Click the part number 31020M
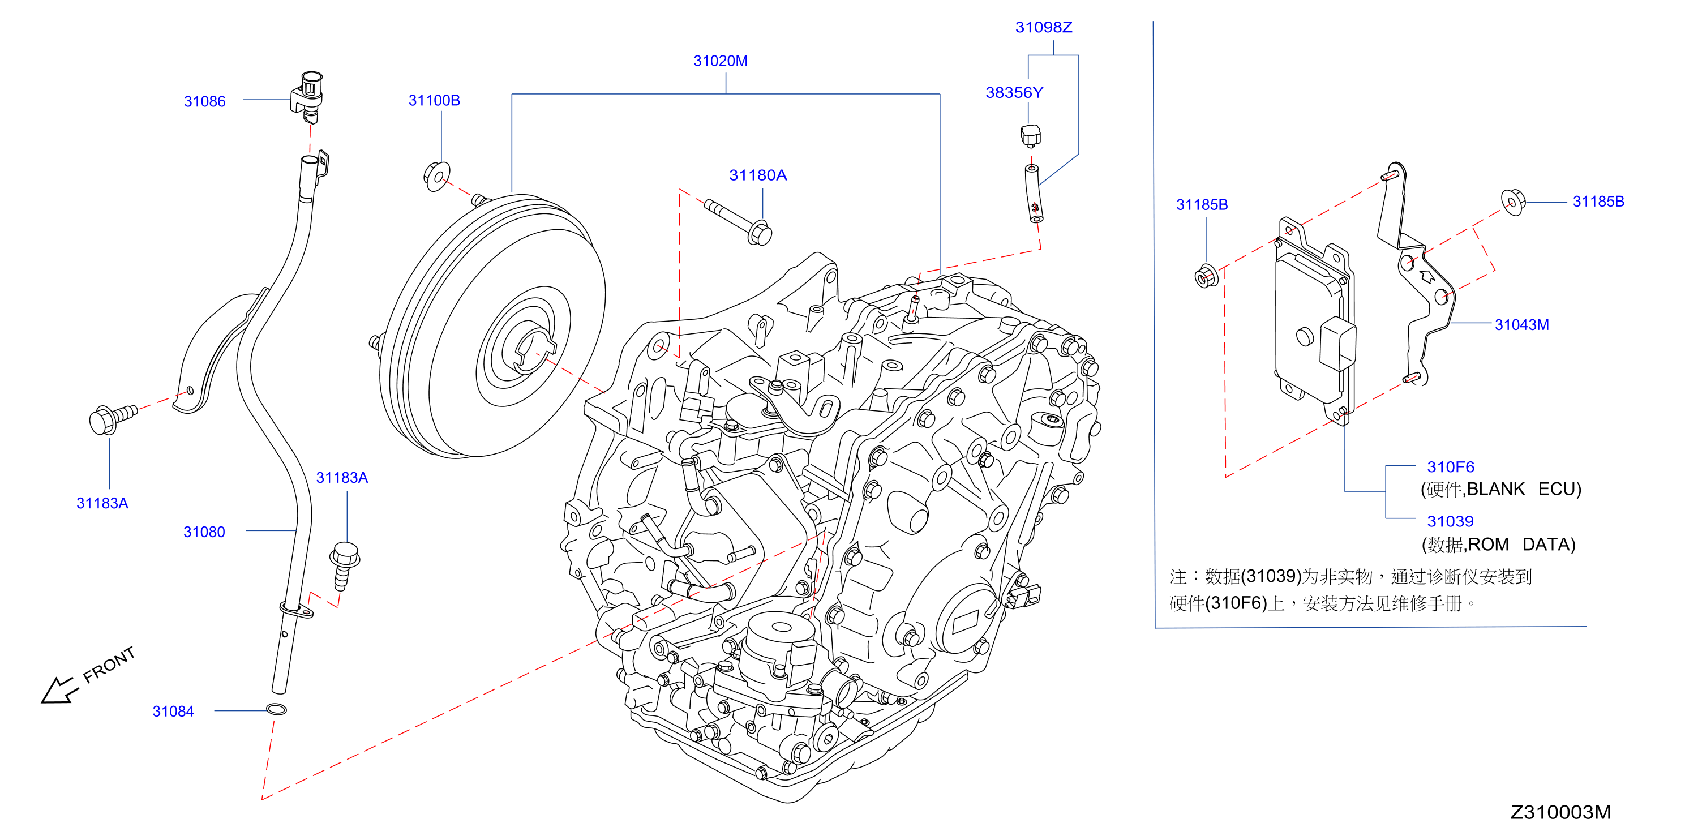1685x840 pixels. click(x=720, y=61)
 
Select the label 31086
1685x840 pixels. click(x=205, y=101)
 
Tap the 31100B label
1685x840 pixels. click(x=434, y=100)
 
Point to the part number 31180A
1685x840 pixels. click(x=758, y=175)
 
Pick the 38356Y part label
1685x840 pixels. click(x=1014, y=93)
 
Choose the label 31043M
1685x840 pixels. click(x=1522, y=324)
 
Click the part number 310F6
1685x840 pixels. click(x=1451, y=467)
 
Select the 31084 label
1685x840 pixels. click(x=173, y=711)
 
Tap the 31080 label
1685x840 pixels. click(x=204, y=532)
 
